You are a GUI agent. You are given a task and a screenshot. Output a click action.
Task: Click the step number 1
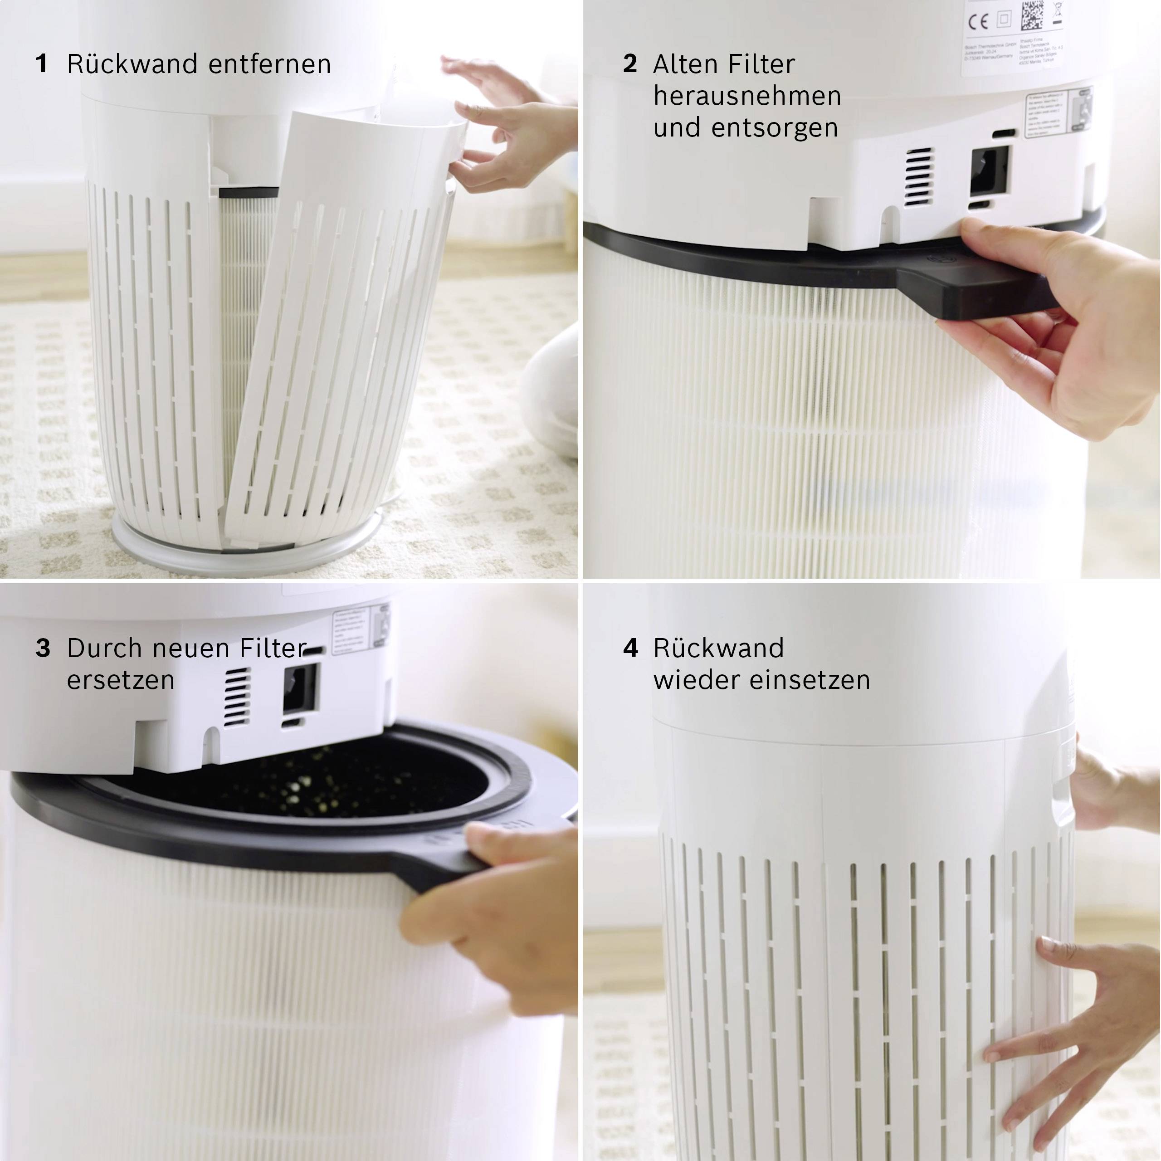[x=41, y=63]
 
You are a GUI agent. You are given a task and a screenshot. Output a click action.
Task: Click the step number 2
[x=630, y=63]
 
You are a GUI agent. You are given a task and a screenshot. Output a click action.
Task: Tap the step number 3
[x=43, y=648]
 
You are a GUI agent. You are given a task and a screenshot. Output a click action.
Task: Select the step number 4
[x=630, y=648]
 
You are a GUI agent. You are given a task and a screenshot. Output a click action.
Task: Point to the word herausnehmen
[x=747, y=96]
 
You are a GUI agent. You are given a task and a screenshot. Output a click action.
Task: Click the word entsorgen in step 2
[x=775, y=128]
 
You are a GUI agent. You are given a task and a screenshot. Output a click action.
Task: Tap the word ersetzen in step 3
[x=120, y=680]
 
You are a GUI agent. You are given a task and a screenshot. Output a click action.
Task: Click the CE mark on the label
[x=978, y=22]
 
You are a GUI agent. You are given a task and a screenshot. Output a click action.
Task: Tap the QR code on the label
[x=1032, y=15]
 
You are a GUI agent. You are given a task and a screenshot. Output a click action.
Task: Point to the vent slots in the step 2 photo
[x=919, y=177]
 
